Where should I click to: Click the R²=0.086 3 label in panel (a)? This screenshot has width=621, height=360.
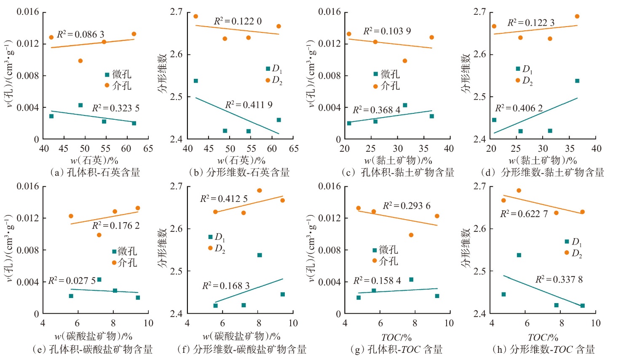[80, 34]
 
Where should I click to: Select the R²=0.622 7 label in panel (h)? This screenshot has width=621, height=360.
[524, 214]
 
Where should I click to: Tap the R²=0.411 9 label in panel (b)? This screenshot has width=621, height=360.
[249, 105]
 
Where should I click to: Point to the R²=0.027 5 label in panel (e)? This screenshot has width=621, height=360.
[72, 280]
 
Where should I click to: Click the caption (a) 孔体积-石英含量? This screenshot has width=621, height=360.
[95, 172]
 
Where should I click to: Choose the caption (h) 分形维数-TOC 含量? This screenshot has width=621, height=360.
[543, 349]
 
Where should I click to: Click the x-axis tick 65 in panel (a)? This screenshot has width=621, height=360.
[148, 148]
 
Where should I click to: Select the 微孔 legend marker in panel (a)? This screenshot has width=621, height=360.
[107, 75]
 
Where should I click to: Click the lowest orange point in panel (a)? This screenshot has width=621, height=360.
[80, 61]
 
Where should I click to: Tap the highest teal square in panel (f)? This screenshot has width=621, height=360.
[260, 255]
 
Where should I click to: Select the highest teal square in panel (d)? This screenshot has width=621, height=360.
[577, 81]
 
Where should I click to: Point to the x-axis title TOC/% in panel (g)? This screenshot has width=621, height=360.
[396, 337]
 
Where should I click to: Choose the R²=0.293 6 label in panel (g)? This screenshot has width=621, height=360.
[407, 206]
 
